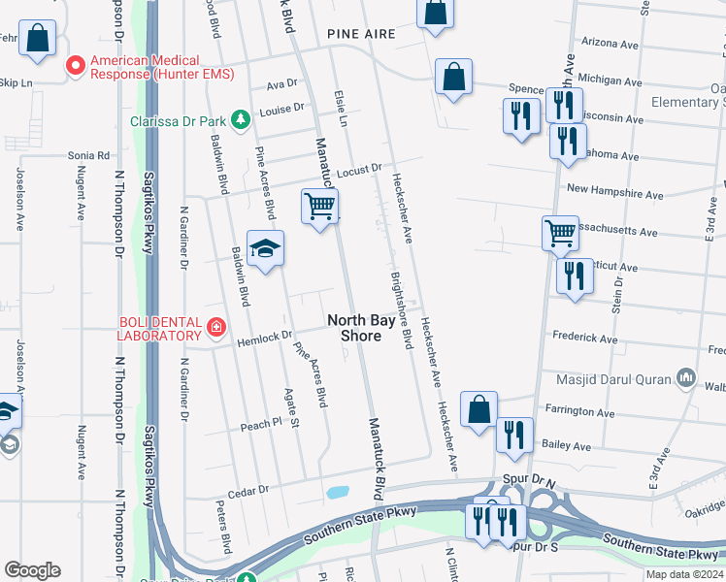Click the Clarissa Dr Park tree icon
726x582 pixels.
[x=240, y=121]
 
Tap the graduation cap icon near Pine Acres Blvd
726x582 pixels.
[x=265, y=249]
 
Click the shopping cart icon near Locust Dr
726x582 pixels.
[x=319, y=206]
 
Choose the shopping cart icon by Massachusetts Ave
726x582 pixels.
[x=560, y=233]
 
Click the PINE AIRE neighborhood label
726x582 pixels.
[x=361, y=34]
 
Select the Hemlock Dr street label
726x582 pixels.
[x=263, y=337]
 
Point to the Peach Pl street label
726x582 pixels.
[x=261, y=425]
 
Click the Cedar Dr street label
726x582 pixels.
[x=248, y=491]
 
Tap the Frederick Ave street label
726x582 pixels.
[x=584, y=338]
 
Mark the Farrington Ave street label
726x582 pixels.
[x=580, y=412]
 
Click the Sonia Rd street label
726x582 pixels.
[x=88, y=155]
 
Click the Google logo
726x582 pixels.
[x=32, y=570]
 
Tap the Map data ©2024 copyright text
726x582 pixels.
[x=683, y=574]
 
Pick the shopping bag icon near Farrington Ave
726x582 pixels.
[x=479, y=409]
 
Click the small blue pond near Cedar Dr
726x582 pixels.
[x=338, y=492]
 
